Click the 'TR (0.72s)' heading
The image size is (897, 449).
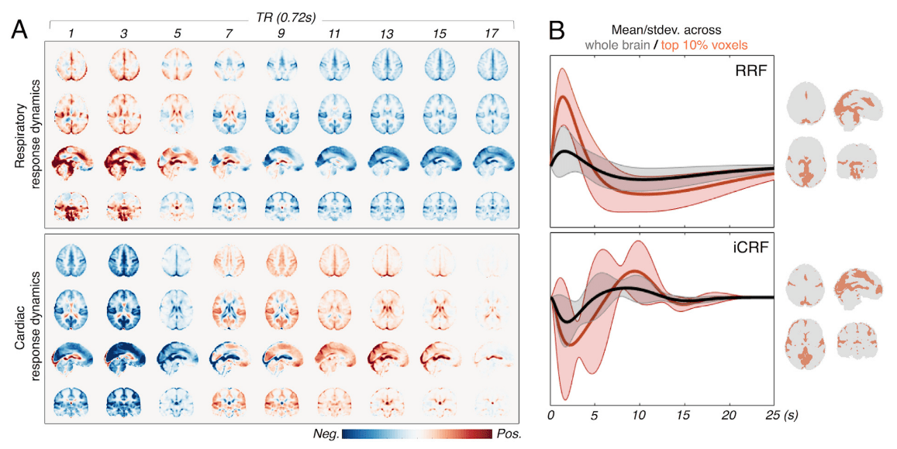[281, 15]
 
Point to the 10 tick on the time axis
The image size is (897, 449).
[639, 415]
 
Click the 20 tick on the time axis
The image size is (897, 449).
[728, 415]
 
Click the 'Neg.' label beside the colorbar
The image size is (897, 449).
[324, 434]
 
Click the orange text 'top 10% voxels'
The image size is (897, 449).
[704, 46]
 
